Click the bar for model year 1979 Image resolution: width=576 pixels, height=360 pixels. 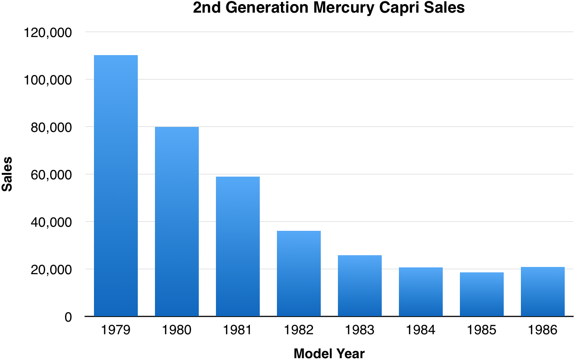(x=116, y=186)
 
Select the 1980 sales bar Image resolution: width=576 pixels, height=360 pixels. (x=177, y=221)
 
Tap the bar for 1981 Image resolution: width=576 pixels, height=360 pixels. (x=238, y=246)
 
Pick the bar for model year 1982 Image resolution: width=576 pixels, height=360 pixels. (x=299, y=273)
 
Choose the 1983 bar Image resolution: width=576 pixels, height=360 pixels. (x=360, y=285)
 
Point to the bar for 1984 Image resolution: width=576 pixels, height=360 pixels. (x=421, y=292)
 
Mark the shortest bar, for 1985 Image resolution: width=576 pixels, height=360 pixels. (x=482, y=294)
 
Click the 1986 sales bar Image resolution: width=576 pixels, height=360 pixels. (x=543, y=291)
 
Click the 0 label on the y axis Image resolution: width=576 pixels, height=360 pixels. (x=68, y=317)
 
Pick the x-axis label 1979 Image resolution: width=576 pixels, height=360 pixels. (x=116, y=330)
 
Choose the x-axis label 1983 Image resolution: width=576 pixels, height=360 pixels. (x=360, y=330)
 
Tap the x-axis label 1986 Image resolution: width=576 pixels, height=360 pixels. (x=543, y=330)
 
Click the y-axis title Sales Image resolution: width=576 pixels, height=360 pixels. (x=7, y=174)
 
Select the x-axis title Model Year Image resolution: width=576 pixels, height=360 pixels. (x=329, y=353)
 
